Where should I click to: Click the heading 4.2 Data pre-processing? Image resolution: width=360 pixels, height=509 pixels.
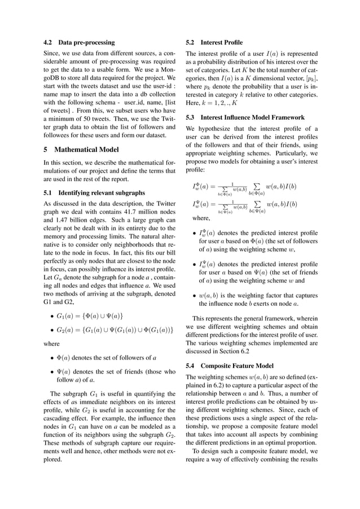click(79, 42)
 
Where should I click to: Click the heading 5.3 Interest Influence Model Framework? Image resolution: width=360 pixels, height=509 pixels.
click(245, 117)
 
